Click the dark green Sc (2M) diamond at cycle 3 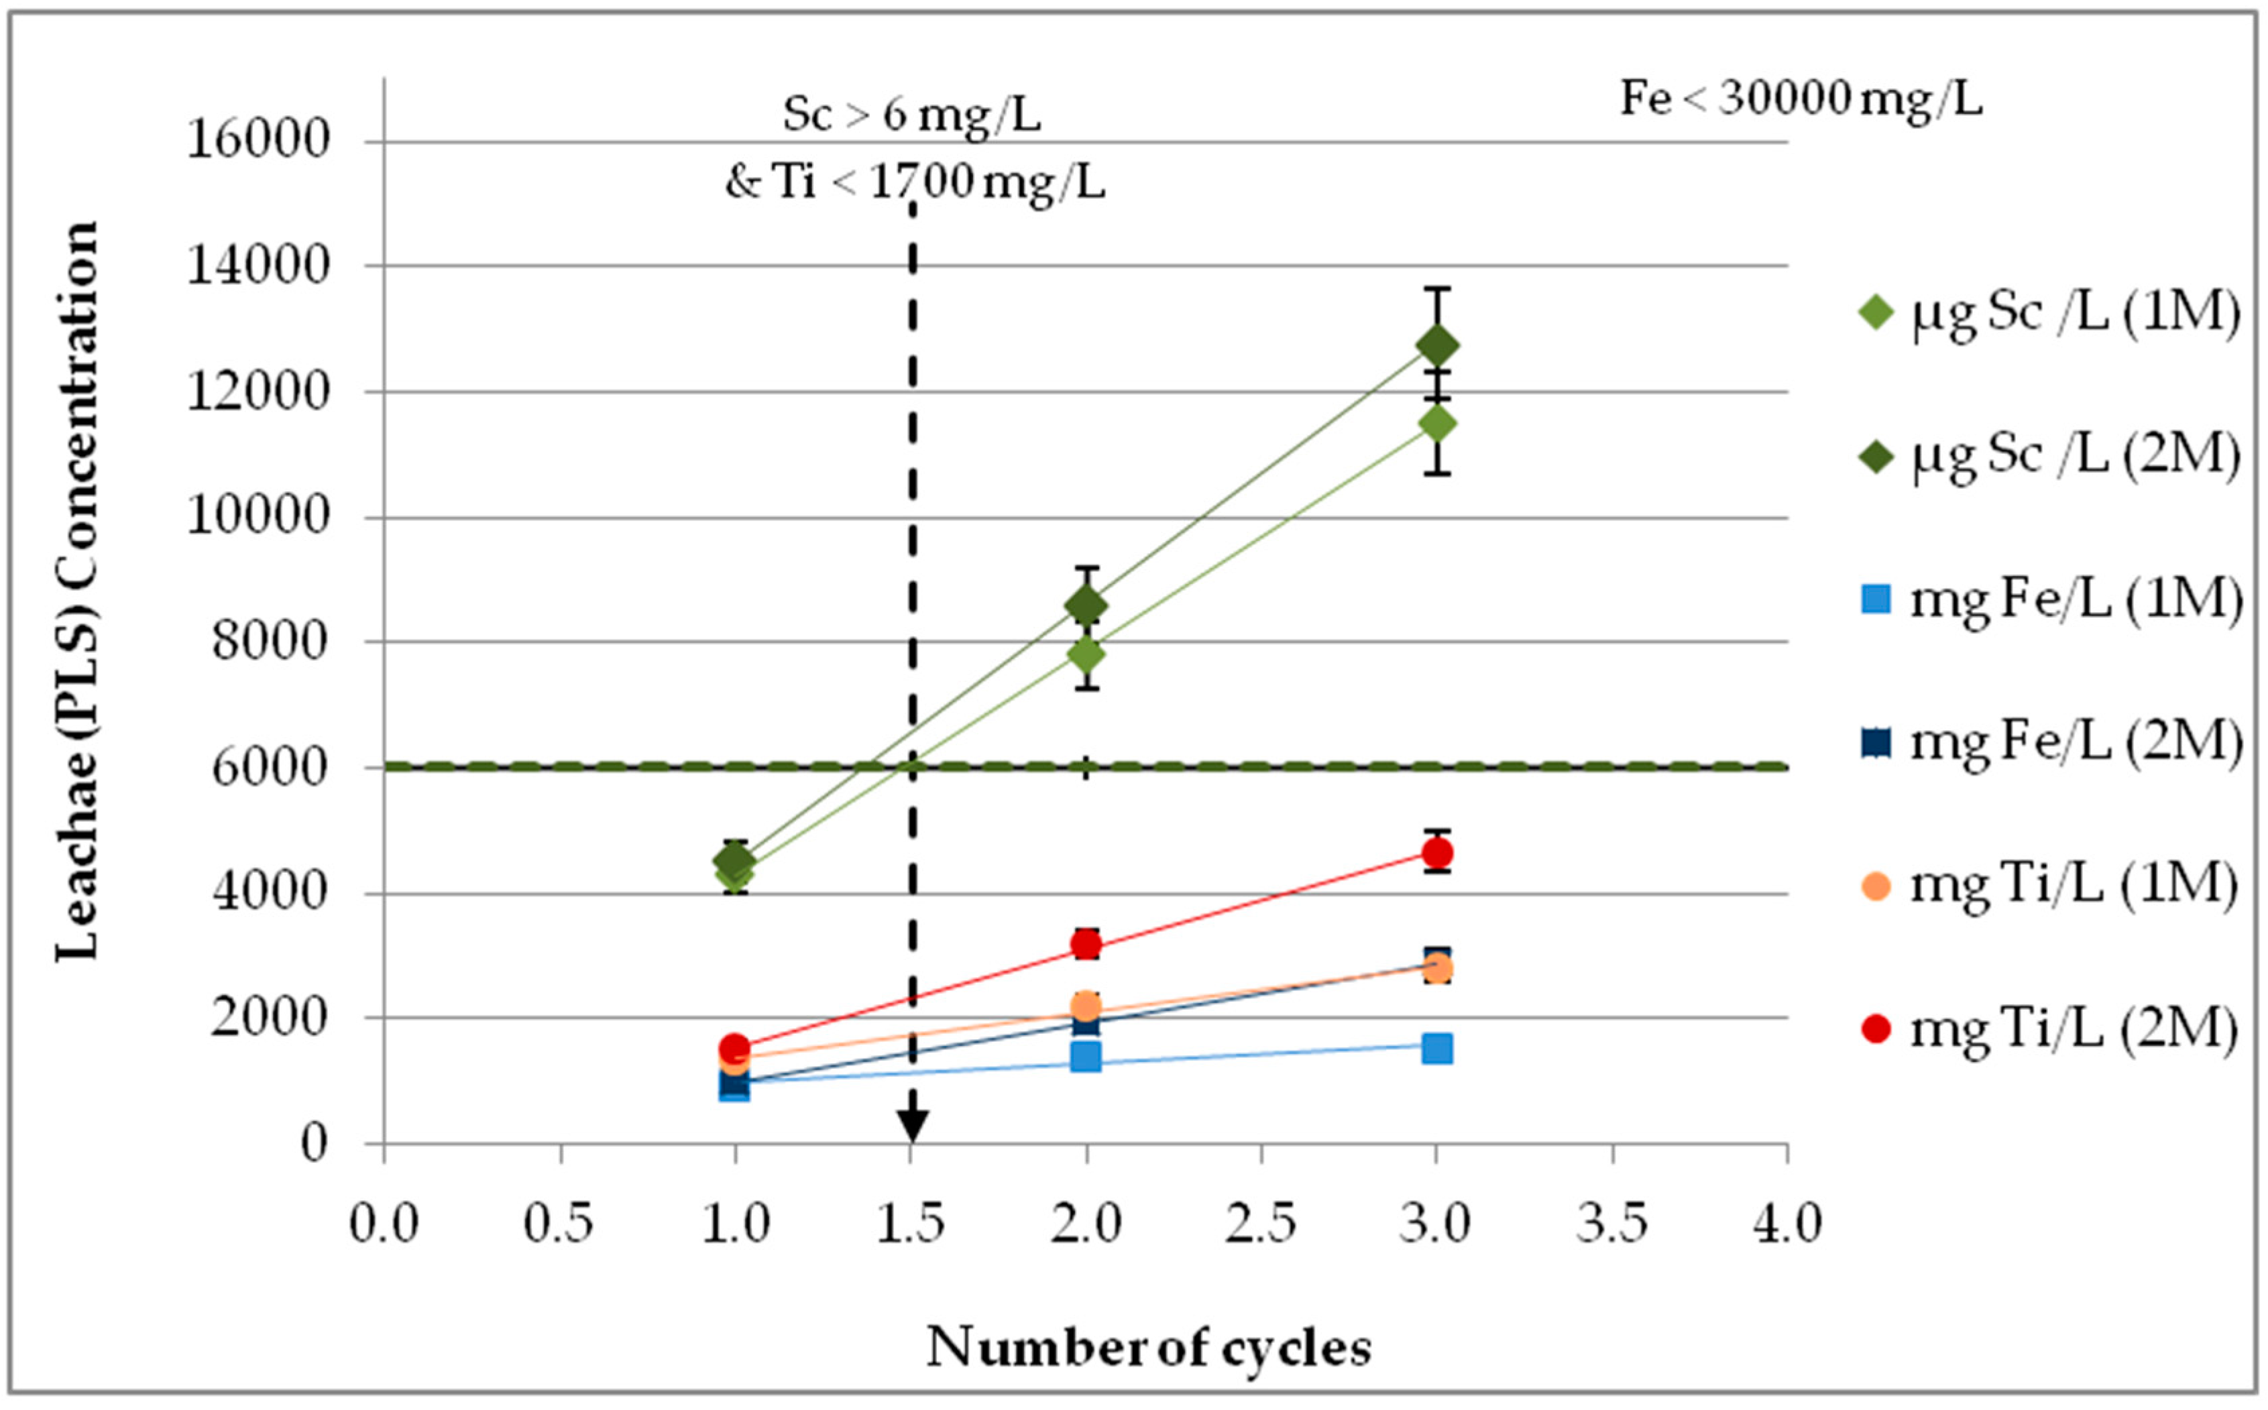1437,346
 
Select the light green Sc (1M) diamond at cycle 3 1437,423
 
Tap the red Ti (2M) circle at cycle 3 1437,852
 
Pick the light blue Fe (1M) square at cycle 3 1437,1048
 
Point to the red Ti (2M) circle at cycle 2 1086,945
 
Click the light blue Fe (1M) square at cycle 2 1086,1057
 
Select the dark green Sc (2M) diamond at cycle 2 1086,605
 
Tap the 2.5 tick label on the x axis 1261,1224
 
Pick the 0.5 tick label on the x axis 559,1224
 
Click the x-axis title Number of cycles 1149,1346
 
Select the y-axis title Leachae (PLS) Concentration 76,591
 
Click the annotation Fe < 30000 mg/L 1801,99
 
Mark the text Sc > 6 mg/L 911,115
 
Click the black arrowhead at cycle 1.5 912,1126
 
